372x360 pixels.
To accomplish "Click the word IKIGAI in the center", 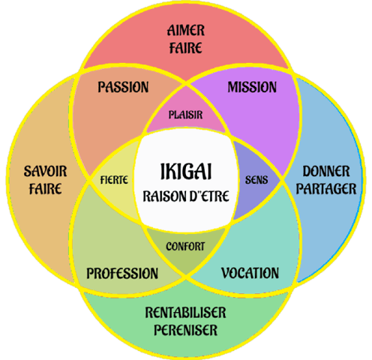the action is click(186, 172).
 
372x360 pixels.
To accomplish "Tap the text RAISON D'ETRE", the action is click(186, 196).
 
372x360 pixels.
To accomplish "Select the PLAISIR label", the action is click(185, 115).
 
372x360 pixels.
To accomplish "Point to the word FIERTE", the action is click(114, 180).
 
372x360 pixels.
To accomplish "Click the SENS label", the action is click(256, 180).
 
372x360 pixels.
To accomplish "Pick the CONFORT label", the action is click(185, 247).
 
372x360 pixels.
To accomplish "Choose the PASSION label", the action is click(123, 87).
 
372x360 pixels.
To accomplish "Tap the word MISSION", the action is click(252, 87).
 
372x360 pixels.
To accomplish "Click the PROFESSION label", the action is click(122, 273).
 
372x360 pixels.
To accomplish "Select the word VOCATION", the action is click(250, 273).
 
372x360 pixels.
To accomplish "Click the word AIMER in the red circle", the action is click(186, 31).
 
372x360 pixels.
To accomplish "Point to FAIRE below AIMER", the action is click(186, 48).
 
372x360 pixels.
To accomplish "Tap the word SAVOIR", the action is click(45, 171).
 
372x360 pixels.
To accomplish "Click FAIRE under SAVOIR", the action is click(45, 189).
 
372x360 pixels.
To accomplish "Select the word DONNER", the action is click(326, 171).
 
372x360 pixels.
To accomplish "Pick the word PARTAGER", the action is click(326, 189).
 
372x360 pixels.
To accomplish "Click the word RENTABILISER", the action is click(185, 313).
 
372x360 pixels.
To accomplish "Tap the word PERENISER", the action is click(185, 330).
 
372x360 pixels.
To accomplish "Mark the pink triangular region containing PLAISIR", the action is click(186, 112).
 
